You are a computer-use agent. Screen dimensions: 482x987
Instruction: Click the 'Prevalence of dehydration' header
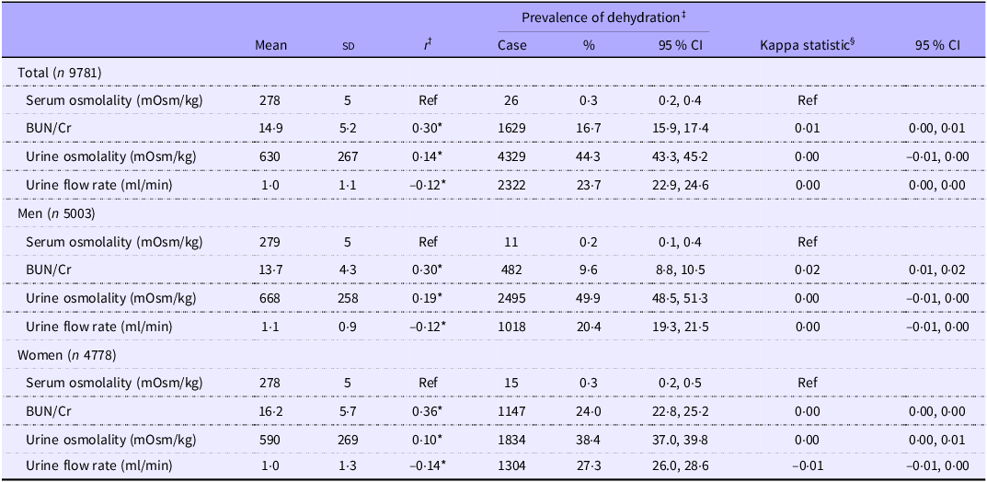pyautogui.click(x=600, y=17)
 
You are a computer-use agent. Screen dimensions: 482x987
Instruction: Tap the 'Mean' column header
pyautogui.click(x=270, y=45)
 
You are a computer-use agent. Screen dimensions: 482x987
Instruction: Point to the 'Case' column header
pyautogui.click(x=511, y=45)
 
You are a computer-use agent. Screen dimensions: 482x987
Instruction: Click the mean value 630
pyautogui.click(x=270, y=157)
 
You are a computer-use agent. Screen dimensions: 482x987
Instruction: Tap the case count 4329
pyautogui.click(x=511, y=157)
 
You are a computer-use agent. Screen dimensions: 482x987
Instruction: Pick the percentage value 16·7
pyautogui.click(x=589, y=129)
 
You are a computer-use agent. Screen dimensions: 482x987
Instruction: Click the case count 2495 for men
pyautogui.click(x=511, y=299)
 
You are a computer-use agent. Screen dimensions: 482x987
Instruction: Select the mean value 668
pyautogui.click(x=270, y=299)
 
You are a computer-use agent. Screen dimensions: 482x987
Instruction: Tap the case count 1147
pyautogui.click(x=511, y=412)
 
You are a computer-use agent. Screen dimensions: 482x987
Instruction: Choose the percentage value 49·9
pyautogui.click(x=589, y=299)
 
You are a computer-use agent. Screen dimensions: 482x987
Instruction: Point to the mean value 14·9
pyautogui.click(x=270, y=129)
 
